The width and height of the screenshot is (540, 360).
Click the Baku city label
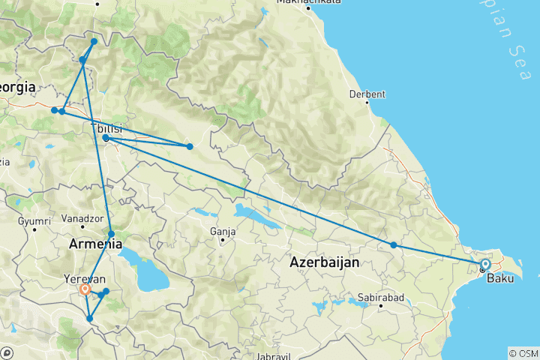pos(501,279)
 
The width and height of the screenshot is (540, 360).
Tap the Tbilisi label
pos(106,128)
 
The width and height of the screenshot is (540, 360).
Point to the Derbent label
pos(367,94)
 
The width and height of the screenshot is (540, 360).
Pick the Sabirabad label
pos(381,298)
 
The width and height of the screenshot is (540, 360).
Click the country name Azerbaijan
pos(324,262)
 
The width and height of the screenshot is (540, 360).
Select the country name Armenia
pos(95,244)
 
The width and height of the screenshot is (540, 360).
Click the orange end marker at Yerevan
pos(85,288)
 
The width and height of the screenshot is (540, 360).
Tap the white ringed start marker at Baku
pos(485,264)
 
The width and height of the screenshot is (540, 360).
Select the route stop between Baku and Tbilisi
pos(394,245)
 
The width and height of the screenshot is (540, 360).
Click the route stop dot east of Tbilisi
pos(190,146)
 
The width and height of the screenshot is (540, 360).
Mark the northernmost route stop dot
pos(94,41)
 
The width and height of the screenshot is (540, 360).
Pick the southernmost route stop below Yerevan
pos(89,319)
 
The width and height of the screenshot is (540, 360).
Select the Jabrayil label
pos(272,355)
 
